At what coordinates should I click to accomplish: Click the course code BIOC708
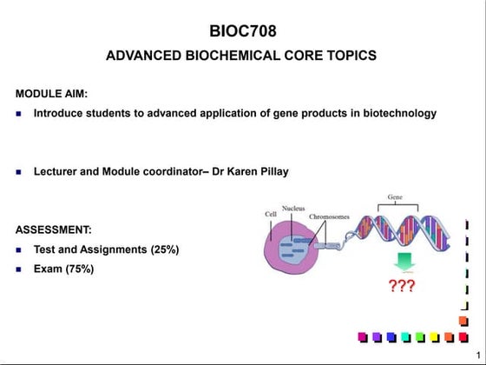pyautogui.click(x=243, y=32)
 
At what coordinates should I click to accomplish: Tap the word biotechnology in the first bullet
pyautogui.click(x=397, y=113)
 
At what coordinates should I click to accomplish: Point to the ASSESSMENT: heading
pyautogui.click(x=54, y=230)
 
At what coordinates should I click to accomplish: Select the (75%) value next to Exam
pyautogui.click(x=77, y=269)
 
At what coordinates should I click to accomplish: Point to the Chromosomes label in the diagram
pyautogui.click(x=330, y=216)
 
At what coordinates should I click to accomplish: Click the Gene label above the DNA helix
pyautogui.click(x=395, y=197)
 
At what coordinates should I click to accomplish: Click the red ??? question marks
pyautogui.click(x=401, y=287)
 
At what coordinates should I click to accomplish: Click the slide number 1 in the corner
pyautogui.click(x=477, y=352)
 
